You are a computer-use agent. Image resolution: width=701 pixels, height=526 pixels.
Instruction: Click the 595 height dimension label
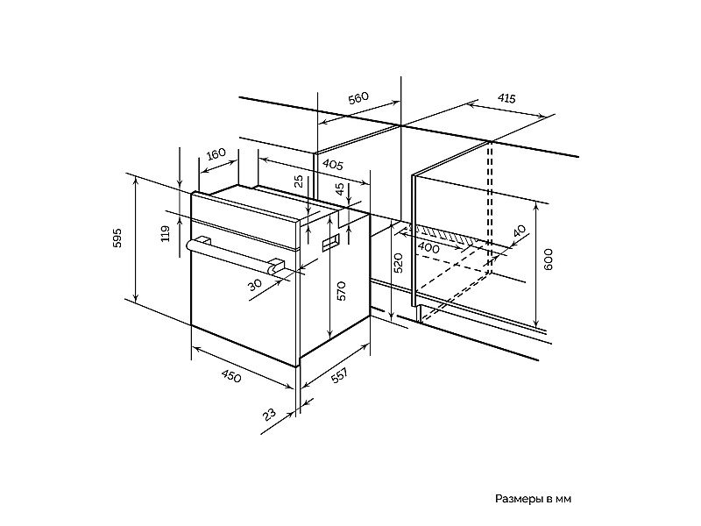[x=117, y=238]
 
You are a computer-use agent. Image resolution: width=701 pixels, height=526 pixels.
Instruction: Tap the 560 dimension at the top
[x=358, y=98]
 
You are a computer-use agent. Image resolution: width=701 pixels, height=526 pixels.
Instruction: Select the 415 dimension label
[x=506, y=98]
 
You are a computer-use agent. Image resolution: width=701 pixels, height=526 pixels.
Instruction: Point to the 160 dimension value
[x=216, y=154]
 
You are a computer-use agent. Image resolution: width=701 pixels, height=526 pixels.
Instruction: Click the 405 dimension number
[x=333, y=165]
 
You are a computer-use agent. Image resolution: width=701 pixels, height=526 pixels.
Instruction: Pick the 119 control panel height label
[x=166, y=233]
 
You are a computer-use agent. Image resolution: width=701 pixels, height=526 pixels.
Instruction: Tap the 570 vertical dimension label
[x=342, y=291]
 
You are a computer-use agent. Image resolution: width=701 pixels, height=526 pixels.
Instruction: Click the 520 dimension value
[x=399, y=263]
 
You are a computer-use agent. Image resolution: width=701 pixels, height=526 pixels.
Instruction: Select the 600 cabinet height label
[x=549, y=259]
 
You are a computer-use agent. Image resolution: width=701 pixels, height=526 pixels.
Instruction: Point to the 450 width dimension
[x=231, y=377]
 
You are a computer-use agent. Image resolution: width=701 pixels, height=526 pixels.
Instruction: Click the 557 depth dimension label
[x=339, y=376]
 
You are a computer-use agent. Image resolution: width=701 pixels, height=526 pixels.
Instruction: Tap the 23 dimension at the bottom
[x=269, y=415]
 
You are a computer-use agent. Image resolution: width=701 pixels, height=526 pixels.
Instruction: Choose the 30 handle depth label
[x=255, y=284]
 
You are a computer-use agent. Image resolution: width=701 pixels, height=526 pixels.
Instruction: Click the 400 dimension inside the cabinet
[x=428, y=247]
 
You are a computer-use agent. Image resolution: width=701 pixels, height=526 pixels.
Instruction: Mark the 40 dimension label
[x=519, y=231]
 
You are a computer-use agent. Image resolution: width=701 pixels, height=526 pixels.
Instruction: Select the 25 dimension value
[x=299, y=181]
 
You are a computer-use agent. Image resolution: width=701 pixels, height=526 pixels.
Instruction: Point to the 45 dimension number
[x=340, y=189]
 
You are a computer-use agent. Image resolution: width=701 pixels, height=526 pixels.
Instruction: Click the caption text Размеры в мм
[x=533, y=499]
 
